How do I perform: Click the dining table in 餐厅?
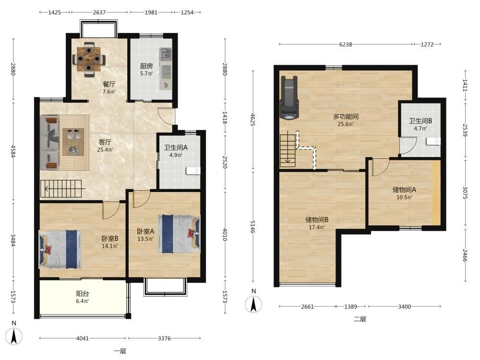pos(89,59)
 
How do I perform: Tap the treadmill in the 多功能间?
pos(289,97)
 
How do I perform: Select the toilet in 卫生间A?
pos(193,170)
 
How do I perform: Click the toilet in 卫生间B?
pos(433,141)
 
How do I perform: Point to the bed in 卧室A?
pos(179,234)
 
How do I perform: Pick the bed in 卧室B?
pos(60,250)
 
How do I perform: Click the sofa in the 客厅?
pos(49,143)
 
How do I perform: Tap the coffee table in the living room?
pos(73,142)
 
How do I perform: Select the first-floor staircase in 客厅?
pos(61,189)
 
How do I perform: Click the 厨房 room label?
pos(146,66)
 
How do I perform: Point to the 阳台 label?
pos(83,294)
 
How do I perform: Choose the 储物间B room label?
pos(317,219)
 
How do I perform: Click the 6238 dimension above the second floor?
pos(346,44)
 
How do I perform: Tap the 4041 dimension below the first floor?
pos(83,338)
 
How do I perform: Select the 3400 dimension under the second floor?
pos(404,306)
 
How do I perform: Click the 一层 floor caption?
pos(120,351)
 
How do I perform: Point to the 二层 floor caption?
pos(360,319)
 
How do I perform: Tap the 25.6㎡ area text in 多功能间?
pos(346,124)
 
